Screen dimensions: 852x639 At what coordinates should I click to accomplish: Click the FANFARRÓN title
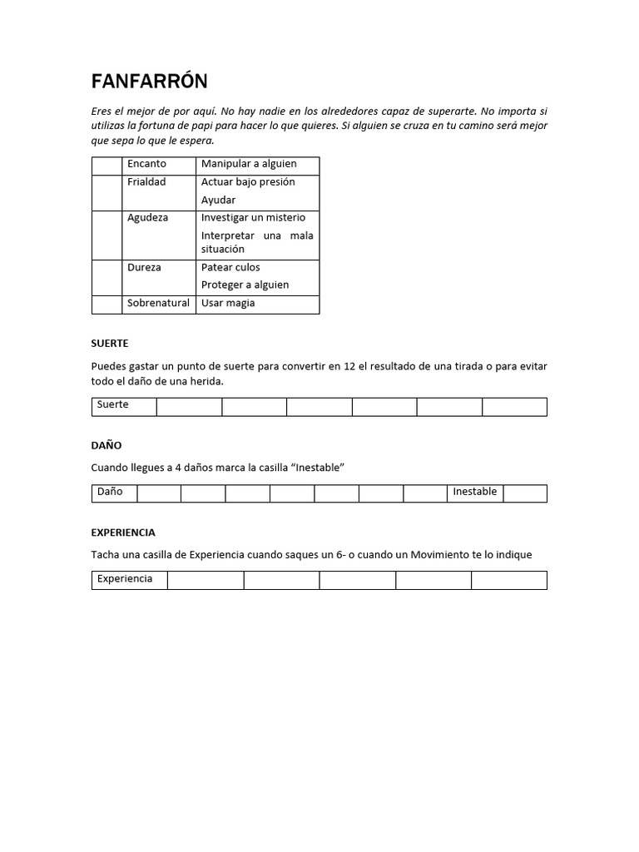149,82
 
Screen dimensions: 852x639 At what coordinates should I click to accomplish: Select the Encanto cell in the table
146,164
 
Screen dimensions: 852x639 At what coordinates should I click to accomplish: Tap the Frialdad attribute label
146,182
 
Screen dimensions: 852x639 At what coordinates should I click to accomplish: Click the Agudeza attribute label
147,218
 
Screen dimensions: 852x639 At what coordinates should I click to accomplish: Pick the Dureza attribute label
144,268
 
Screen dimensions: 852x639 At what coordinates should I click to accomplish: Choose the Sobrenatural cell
158,304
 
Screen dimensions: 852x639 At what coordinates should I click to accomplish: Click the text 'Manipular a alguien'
249,164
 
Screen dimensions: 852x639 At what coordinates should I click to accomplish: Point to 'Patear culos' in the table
230,268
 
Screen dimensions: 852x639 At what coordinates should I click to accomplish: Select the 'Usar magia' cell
228,304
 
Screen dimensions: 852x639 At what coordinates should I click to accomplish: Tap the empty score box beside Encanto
106,165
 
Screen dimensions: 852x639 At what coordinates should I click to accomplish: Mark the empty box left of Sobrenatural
106,305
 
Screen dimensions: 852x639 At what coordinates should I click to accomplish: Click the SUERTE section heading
110,344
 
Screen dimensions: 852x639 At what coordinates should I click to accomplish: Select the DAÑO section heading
106,446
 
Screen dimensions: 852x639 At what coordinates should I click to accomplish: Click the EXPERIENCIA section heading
123,532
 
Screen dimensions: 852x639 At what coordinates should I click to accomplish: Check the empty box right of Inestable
525,493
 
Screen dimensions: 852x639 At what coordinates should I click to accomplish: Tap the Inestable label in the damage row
474,492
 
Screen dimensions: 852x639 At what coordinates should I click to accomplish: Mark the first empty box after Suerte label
189,407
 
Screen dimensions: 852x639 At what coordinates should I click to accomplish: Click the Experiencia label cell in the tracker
125,579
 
